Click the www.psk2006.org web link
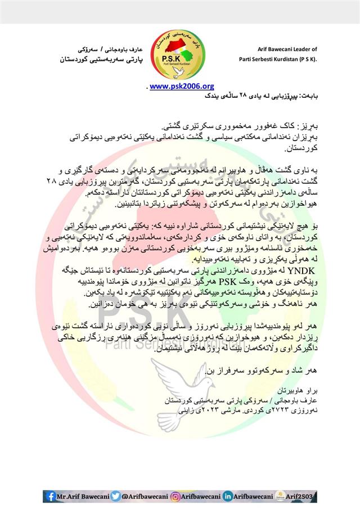pos(182,86)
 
